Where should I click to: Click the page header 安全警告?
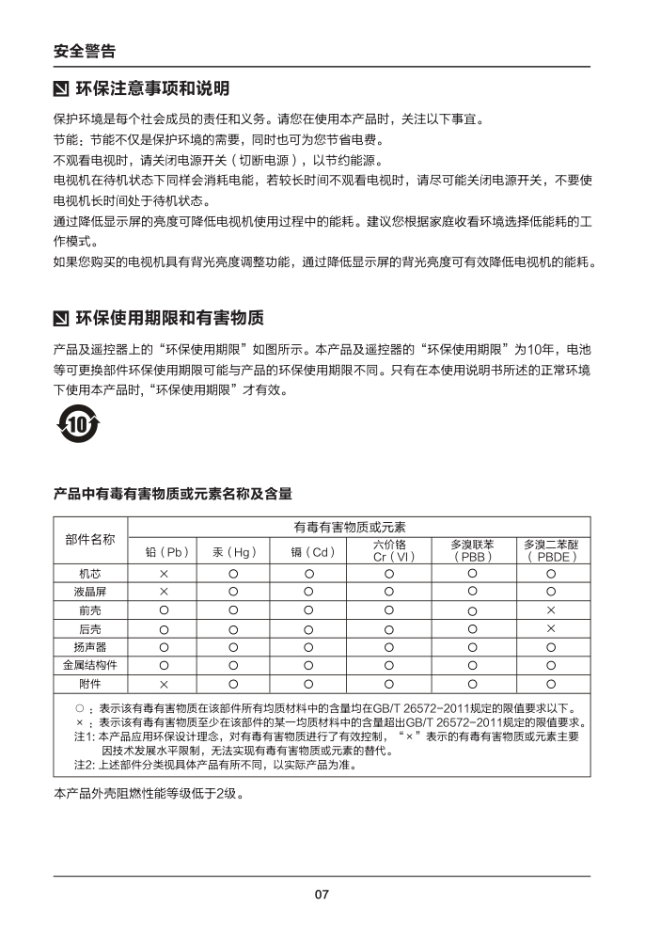pyautogui.click(x=85, y=50)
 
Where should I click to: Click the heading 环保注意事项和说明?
pyautogui.click(x=151, y=89)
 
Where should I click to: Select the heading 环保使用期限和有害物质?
pyautogui.click(x=169, y=316)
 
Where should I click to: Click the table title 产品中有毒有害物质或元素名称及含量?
pyautogui.click(x=172, y=493)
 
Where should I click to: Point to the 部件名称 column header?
pyautogui.click(x=90, y=540)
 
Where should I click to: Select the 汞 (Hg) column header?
pyautogui.click(x=234, y=551)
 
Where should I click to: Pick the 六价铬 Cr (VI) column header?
pyautogui.click(x=388, y=550)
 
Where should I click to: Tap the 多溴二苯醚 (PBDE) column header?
pyautogui.click(x=551, y=550)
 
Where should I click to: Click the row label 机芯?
pyautogui.click(x=90, y=574)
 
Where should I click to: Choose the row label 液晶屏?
pyautogui.click(x=90, y=592)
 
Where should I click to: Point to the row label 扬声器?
pyautogui.click(x=90, y=647)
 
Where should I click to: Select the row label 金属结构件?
pyautogui.click(x=90, y=665)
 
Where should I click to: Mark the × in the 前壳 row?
pyautogui.click(x=551, y=610)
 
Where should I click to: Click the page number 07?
pyautogui.click(x=322, y=894)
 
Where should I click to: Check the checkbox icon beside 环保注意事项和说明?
pyautogui.click(x=62, y=90)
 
